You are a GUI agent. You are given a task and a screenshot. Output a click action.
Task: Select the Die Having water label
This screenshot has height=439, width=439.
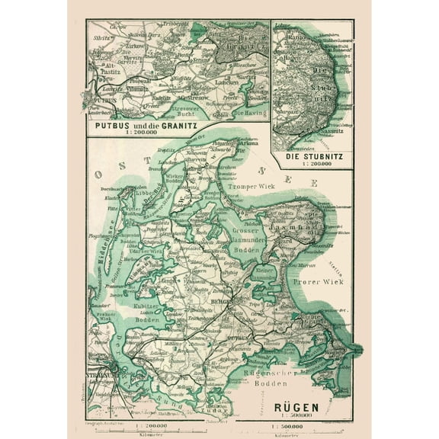[x=245, y=114]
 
